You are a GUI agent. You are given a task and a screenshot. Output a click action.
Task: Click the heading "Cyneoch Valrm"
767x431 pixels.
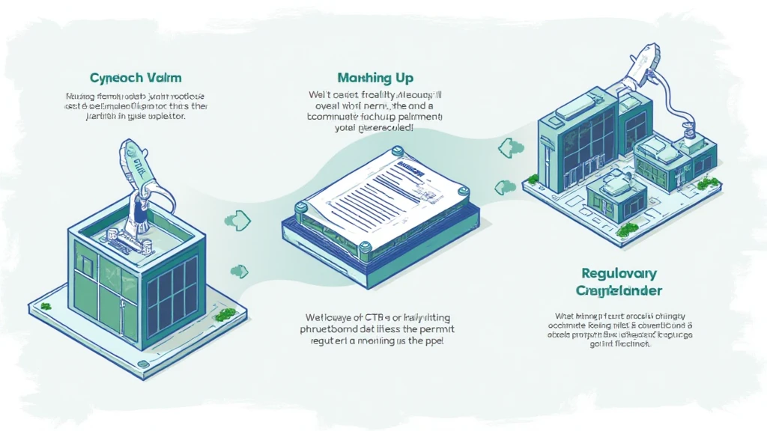pyautogui.click(x=135, y=78)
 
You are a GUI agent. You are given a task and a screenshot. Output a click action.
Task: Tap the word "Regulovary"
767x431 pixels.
pyautogui.click(x=618, y=273)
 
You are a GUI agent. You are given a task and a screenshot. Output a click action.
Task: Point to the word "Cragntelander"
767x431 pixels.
pyautogui.click(x=619, y=290)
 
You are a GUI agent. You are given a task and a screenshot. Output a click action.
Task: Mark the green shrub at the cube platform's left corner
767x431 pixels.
pyautogui.click(x=46, y=306)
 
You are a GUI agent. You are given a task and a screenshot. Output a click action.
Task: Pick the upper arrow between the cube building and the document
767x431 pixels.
pyautogui.click(x=237, y=219)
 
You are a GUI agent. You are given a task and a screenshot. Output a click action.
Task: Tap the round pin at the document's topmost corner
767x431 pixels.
pyautogui.click(x=391, y=153)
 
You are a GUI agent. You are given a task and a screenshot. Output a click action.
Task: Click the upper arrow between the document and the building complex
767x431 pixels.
pyautogui.click(x=507, y=147)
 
